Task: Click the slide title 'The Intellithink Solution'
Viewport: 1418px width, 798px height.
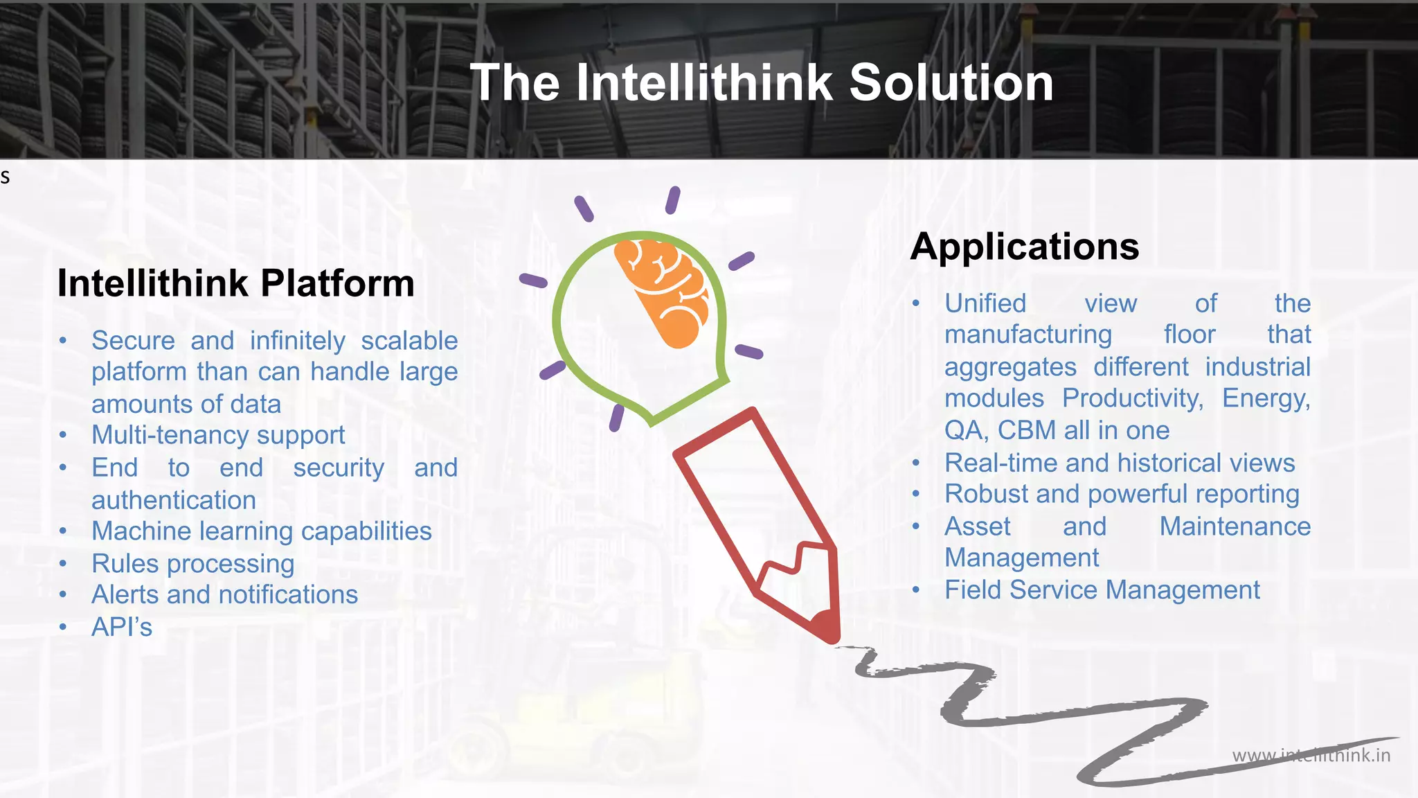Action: pos(762,82)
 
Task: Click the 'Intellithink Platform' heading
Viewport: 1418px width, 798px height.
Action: pos(235,283)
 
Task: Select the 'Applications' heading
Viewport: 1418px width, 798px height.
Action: pos(1024,247)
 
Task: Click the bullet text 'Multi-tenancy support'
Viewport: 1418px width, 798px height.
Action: pos(218,435)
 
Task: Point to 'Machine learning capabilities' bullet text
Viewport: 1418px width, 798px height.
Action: pos(262,531)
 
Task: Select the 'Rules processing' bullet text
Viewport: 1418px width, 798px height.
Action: pos(193,564)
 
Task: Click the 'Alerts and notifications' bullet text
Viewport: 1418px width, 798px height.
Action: pos(224,595)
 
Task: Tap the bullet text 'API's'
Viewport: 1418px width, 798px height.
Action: pos(122,627)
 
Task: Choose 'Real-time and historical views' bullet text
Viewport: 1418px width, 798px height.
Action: pos(1120,463)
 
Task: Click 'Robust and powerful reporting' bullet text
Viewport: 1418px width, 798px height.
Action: pos(1122,494)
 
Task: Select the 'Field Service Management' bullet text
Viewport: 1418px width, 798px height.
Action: pos(1102,590)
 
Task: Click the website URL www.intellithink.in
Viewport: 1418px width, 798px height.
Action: pos(1311,755)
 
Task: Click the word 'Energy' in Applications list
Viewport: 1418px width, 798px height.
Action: pos(1264,398)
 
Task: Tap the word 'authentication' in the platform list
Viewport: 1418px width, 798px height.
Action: pos(174,500)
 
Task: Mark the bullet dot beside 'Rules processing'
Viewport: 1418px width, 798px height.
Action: pos(63,564)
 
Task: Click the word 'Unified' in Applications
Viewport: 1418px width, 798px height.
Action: pos(985,303)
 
